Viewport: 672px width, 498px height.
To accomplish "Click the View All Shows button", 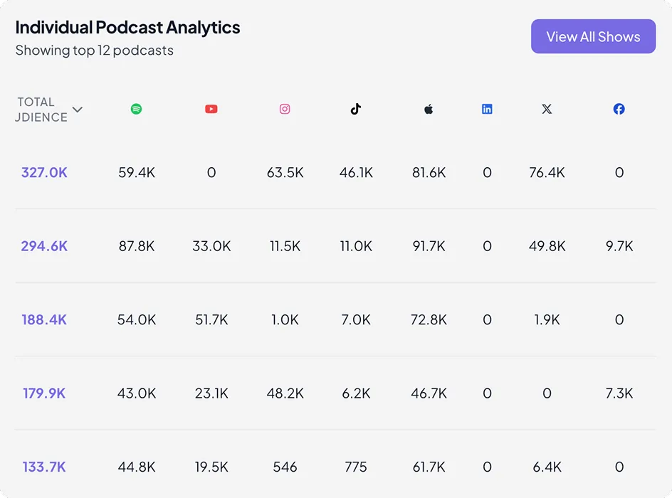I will pos(593,36).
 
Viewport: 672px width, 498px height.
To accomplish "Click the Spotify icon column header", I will pos(136,109).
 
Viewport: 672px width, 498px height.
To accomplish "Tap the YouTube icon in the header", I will pos(211,109).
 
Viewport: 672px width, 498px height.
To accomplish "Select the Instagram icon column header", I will pos(285,109).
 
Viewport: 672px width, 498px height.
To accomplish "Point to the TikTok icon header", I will pos(356,109).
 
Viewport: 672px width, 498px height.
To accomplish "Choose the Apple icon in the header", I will pos(429,109).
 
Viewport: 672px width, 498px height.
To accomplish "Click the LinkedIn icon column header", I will pos(487,109).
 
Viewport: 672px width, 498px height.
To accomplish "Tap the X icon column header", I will pos(547,109).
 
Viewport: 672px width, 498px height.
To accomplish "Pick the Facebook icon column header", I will pos(619,109).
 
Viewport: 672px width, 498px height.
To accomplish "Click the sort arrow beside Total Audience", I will pos(78,110).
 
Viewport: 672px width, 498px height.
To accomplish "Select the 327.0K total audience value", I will pos(44,172).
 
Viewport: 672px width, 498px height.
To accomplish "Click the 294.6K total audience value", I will pos(44,246).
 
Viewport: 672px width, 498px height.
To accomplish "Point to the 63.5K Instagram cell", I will pos(285,172).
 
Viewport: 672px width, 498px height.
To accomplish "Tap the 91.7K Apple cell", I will pos(429,246).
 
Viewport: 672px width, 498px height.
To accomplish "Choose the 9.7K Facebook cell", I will pos(619,246).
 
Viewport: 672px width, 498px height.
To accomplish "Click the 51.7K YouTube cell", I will pos(211,319).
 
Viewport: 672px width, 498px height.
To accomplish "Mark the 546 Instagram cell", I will pos(285,467).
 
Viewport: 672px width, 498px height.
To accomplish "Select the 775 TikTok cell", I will pos(356,467).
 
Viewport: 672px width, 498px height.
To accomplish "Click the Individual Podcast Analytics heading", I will pos(127,27).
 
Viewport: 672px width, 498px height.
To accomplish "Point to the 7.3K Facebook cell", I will pos(619,393).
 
